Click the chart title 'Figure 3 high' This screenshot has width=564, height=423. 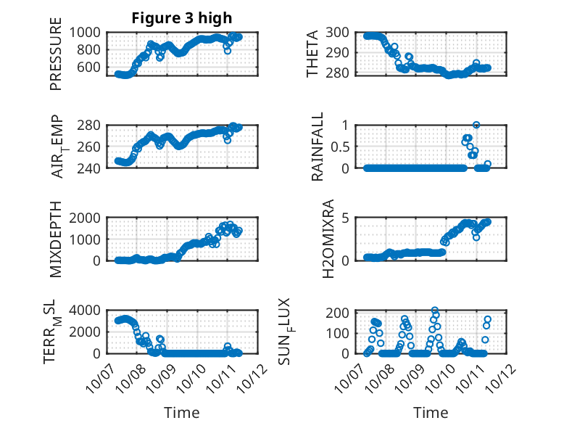pyautogui.click(x=182, y=18)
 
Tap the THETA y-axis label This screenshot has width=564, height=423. pyautogui.click(x=312, y=53)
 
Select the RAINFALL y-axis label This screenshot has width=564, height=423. pyautogui.click(x=317, y=147)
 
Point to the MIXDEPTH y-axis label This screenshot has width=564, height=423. pyautogui.click(x=56, y=239)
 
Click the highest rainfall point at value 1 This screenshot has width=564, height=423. pyautogui.click(x=476, y=125)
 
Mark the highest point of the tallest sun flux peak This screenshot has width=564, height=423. pyautogui.click(x=435, y=311)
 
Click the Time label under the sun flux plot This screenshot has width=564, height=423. pyautogui.click(x=431, y=412)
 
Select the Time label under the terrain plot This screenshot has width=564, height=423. pyautogui.click(x=181, y=412)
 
